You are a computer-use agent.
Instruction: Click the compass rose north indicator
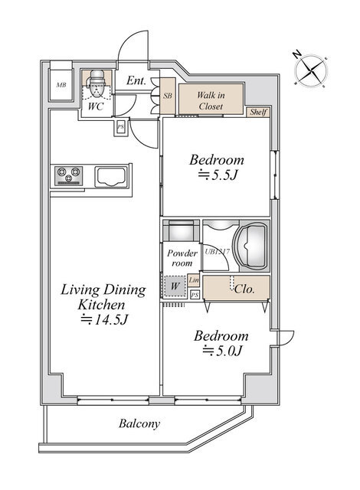tap(297, 54)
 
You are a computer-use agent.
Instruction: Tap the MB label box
tap(61, 85)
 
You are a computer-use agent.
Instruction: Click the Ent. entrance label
tap(136, 80)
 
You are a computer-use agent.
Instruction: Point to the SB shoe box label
tap(168, 96)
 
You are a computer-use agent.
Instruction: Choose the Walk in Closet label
tap(211, 100)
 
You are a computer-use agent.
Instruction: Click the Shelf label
tap(258, 112)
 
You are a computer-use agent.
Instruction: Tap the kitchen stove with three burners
tap(69, 176)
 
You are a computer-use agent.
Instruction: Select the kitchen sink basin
tap(111, 177)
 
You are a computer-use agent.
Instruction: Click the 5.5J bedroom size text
tap(218, 175)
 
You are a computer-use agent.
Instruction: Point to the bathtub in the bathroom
tap(251, 246)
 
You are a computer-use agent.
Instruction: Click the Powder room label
tap(182, 258)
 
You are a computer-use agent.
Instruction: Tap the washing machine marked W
tap(175, 286)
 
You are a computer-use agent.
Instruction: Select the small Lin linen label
tap(194, 280)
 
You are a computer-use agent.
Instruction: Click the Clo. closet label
tap(244, 289)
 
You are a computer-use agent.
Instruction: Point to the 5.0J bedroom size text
tap(222, 351)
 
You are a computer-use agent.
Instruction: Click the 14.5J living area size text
tap(103, 319)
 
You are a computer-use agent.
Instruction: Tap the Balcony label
tap(139, 423)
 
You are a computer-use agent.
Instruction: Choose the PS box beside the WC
tap(120, 128)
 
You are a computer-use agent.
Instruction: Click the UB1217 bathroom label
tap(218, 251)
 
